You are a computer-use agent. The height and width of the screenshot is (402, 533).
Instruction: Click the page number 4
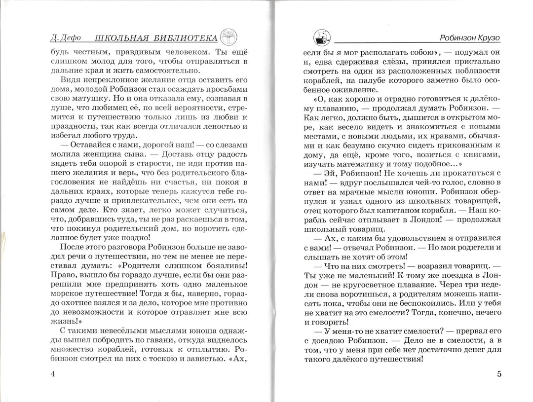[x=53, y=373]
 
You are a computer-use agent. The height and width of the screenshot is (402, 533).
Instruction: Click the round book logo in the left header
[x=228, y=37]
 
